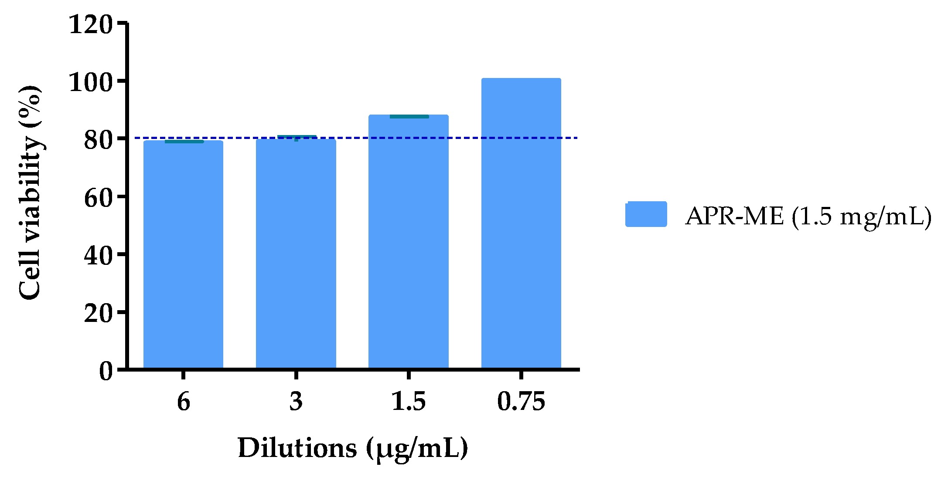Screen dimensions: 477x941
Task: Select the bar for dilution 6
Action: (183, 255)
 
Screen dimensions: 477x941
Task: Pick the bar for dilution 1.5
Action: (409, 242)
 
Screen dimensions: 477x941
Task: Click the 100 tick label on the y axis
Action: (91, 82)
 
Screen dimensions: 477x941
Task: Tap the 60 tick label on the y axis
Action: (98, 198)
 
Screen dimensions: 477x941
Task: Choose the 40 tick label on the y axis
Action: (98, 255)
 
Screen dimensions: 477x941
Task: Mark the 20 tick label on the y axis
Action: (98, 313)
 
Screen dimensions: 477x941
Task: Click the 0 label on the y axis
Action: (106, 371)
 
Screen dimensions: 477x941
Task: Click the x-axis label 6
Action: (184, 401)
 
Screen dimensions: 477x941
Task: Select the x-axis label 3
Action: (296, 401)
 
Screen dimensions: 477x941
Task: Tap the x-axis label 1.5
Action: (409, 401)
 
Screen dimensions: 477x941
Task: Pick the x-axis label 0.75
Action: (521, 401)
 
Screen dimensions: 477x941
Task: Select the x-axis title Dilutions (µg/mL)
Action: (352, 448)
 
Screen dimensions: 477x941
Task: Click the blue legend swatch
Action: (646, 214)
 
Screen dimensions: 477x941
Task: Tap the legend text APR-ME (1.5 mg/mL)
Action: (808, 216)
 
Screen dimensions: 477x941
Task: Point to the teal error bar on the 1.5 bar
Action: (409, 117)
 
